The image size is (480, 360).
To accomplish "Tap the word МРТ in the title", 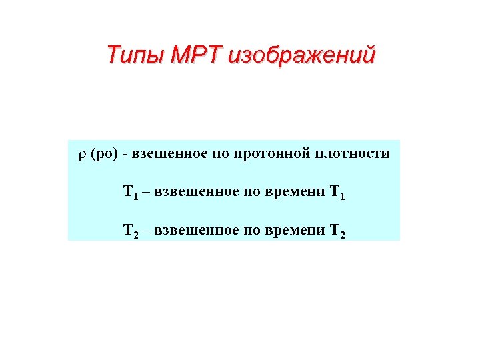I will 197,53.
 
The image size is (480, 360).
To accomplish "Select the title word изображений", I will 301,55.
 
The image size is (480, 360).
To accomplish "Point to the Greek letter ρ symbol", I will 82,155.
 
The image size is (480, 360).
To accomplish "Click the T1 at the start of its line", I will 130,193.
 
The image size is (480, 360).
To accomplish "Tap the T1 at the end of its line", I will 337,193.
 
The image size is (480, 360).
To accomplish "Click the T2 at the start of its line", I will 130,231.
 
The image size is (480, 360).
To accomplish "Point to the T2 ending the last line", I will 337,231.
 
